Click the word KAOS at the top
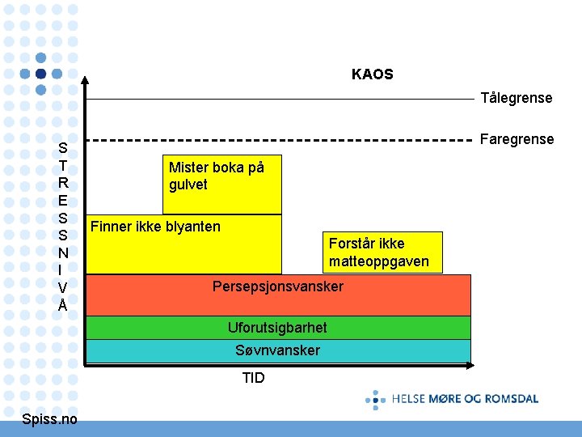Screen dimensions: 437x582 [x=372, y=74]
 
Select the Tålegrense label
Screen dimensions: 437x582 [x=517, y=98]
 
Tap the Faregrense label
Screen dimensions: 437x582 [x=517, y=139]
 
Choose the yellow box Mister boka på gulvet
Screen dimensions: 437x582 [x=222, y=184]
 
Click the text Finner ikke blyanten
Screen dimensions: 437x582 [x=155, y=227]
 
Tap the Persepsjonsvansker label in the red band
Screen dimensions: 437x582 [x=277, y=286]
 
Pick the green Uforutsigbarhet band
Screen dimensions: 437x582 [x=277, y=328]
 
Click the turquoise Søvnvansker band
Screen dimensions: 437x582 [x=277, y=350]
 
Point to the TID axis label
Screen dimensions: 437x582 [x=253, y=378]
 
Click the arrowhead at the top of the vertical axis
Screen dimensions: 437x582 [x=86, y=78]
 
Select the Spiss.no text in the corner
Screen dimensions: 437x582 [x=50, y=418]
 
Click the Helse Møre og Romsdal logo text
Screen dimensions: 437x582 [x=465, y=398]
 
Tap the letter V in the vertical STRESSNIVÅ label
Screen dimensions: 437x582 [x=63, y=287]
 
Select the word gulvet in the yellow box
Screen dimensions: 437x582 [x=188, y=185]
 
